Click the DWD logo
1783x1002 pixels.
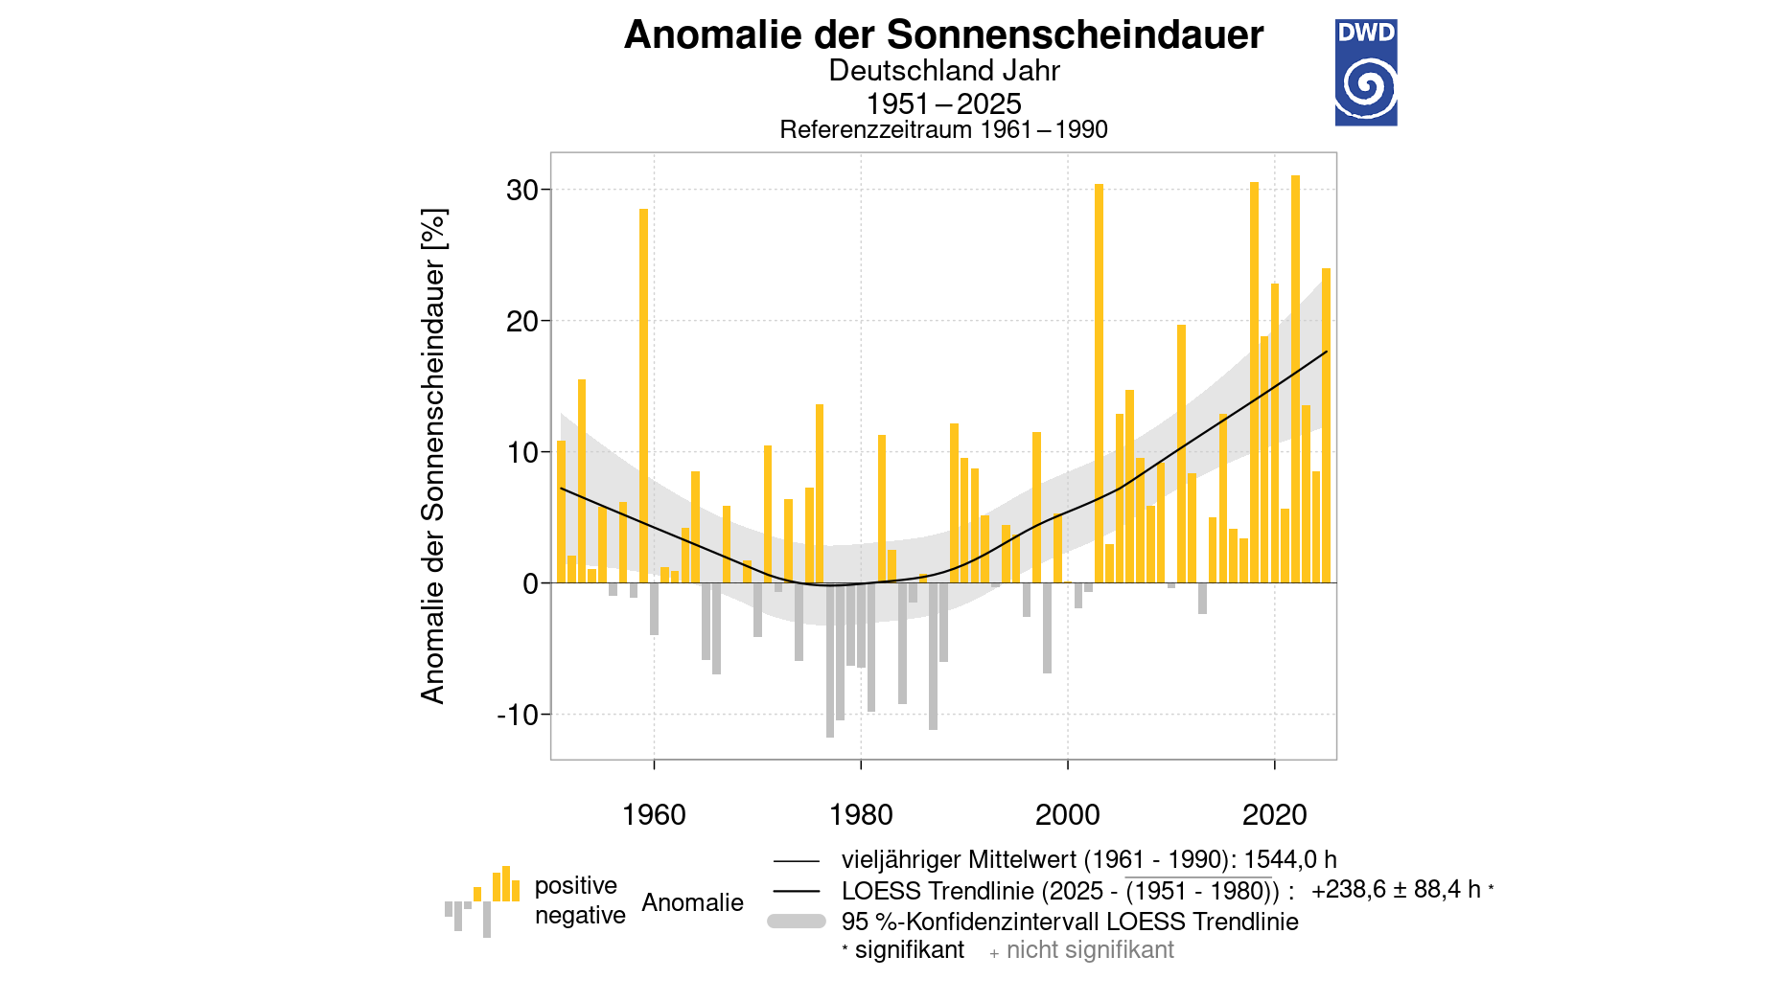coord(1365,73)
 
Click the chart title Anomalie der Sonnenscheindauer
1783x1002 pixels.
coord(943,35)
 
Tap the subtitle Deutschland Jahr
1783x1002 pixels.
coord(943,71)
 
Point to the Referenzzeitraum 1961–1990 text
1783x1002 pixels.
coord(943,129)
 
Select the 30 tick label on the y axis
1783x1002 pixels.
coord(522,190)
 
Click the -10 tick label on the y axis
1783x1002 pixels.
coord(518,715)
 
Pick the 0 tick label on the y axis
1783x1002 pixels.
coord(531,583)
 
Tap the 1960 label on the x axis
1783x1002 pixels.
coord(654,815)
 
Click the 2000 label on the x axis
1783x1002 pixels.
coord(1067,815)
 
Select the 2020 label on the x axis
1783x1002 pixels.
coord(1274,815)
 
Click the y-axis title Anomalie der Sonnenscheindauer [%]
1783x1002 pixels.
coord(433,456)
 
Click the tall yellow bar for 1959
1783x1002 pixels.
coord(644,393)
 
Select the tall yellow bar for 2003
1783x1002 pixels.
coord(1099,383)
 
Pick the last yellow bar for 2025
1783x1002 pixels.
coord(1327,426)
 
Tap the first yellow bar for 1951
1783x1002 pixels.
coord(562,512)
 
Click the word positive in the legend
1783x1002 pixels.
coord(575,885)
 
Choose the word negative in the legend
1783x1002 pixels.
coord(580,916)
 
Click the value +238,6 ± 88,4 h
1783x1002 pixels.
coord(1396,890)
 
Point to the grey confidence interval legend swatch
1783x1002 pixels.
coord(797,922)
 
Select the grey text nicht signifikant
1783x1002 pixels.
coord(1090,950)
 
